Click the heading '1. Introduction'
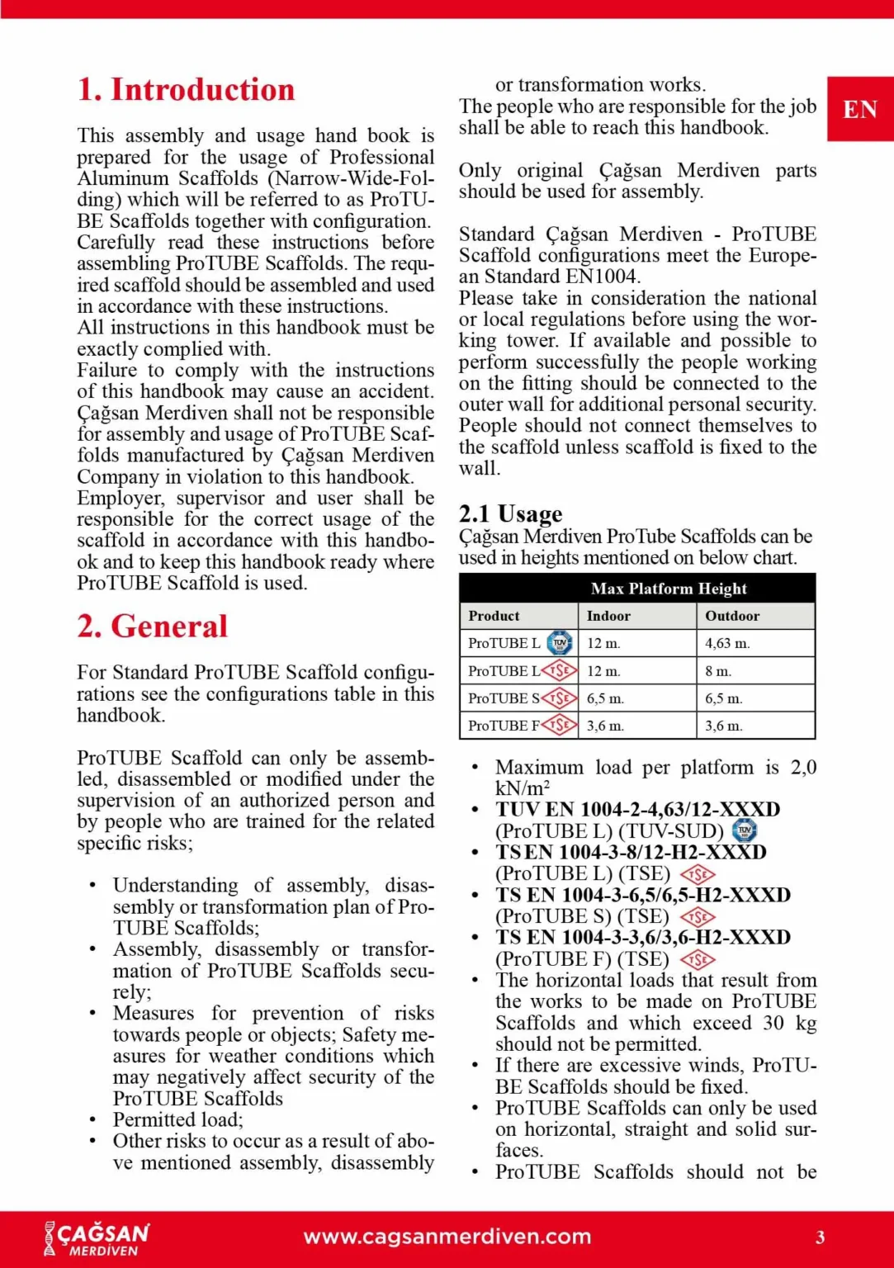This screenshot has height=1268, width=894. tap(186, 90)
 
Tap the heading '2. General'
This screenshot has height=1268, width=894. tap(153, 627)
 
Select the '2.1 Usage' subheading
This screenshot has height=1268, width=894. tap(511, 514)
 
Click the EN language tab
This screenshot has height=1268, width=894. tap(860, 109)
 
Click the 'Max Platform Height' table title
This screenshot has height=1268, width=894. tap(669, 589)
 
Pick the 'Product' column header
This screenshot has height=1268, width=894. tap(494, 616)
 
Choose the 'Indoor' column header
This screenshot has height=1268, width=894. tap(608, 616)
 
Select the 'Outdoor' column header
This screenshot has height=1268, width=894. tap(732, 616)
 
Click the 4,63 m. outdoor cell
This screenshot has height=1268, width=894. tap(727, 643)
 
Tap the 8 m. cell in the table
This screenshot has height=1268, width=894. tap(718, 671)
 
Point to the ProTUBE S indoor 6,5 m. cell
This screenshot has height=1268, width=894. tap(605, 698)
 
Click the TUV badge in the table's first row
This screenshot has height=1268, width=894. tap(561, 642)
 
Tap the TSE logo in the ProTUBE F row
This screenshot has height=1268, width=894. tap(560, 726)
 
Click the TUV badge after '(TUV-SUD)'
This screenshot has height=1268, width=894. tap(745, 830)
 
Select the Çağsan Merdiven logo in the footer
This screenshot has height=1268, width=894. tap(97, 1237)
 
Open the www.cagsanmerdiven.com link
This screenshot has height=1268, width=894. tap(447, 1237)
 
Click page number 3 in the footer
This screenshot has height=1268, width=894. tap(821, 1237)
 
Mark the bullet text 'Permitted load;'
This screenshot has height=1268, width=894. tap(178, 1120)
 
